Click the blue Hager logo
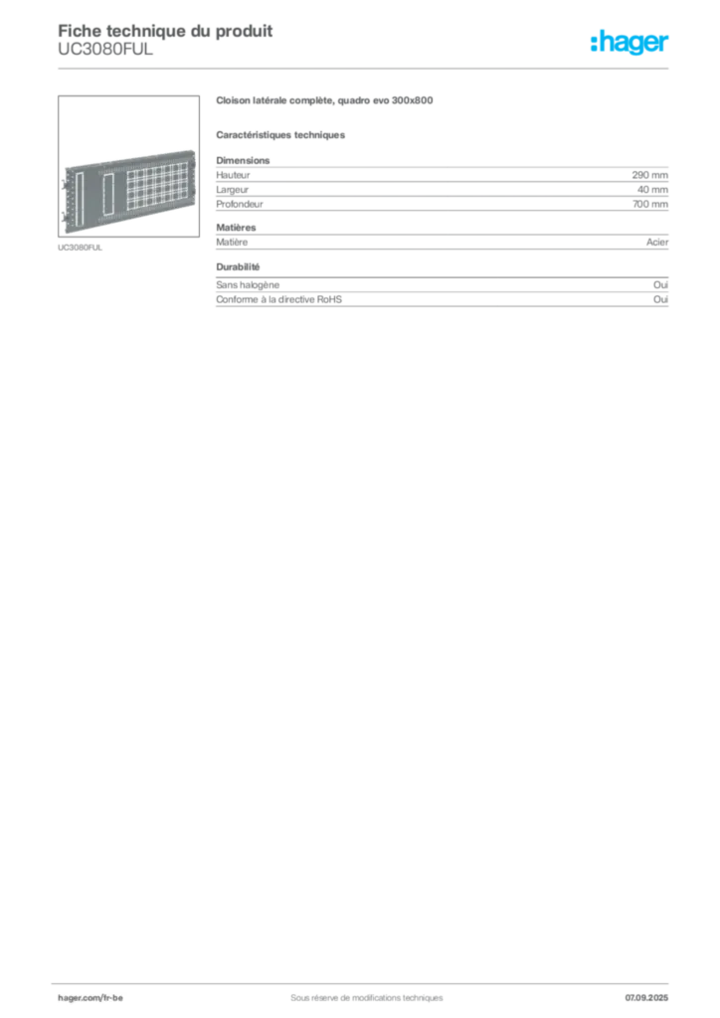tap(631, 42)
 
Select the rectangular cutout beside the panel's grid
tap(109, 188)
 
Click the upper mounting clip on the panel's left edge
tap(64, 181)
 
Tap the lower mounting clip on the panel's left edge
tap(64, 212)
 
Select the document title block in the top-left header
tap(164, 40)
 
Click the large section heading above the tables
tap(325, 100)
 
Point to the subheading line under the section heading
tap(282, 134)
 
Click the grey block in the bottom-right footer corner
tap(652, 990)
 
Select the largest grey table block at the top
tap(442, 182)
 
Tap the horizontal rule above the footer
tap(366, 979)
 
